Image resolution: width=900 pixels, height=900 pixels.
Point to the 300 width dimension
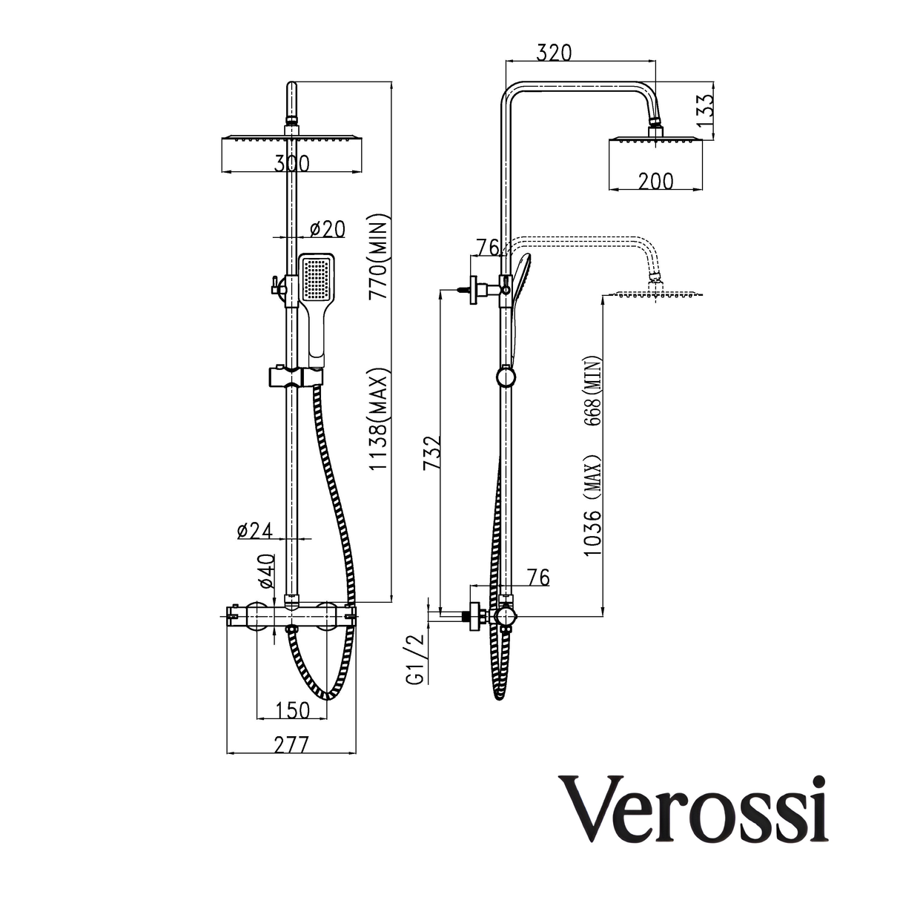point(291,164)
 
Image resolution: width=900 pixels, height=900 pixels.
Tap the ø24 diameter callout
point(255,530)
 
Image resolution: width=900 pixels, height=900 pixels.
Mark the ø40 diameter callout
point(267,573)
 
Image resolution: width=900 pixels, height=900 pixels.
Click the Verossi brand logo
point(695,809)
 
